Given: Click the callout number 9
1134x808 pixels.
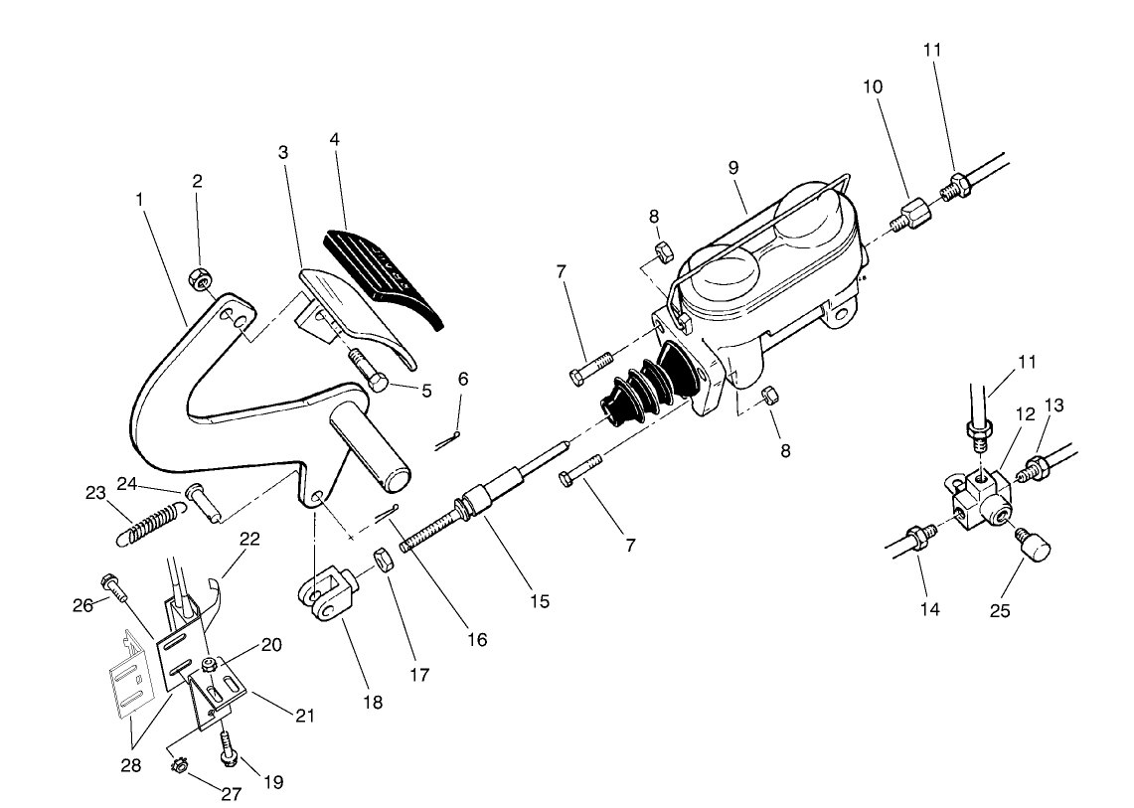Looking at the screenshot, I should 733,168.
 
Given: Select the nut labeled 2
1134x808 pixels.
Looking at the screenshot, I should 202,278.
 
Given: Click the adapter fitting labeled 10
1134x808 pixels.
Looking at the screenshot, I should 908,215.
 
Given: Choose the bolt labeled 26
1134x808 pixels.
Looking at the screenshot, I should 112,586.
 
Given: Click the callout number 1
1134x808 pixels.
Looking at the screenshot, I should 139,200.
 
